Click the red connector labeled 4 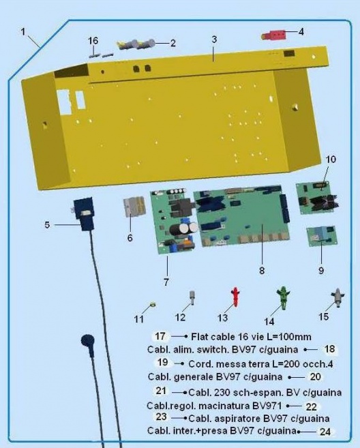pyautogui.click(x=274, y=36)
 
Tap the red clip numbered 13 pyautogui.click(x=235, y=297)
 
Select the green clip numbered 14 pyautogui.click(x=283, y=297)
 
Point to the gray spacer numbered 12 pyautogui.click(x=192, y=298)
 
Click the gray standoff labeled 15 pyautogui.click(x=337, y=298)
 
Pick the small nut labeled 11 pyautogui.click(x=153, y=305)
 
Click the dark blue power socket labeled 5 pyautogui.click(x=83, y=213)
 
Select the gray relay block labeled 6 pyautogui.click(x=134, y=207)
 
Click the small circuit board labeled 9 pyautogui.click(x=322, y=236)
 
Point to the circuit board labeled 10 pyautogui.click(x=317, y=198)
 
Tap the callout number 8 pyautogui.click(x=262, y=270)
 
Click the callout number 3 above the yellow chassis pyautogui.click(x=214, y=39)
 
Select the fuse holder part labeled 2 pyautogui.click(x=136, y=44)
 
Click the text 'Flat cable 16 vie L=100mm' pyautogui.click(x=251, y=337)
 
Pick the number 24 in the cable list pyautogui.click(x=325, y=432)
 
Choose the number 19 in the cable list pyautogui.click(x=162, y=362)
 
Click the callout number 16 pyautogui.click(x=93, y=41)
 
